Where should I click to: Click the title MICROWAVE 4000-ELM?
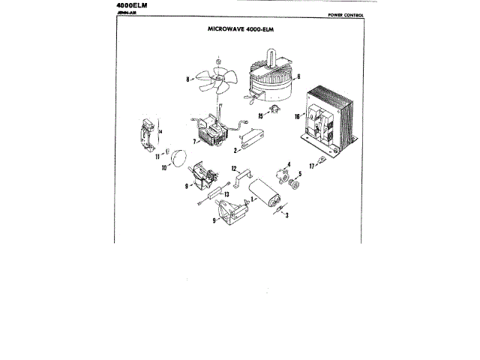[239, 30]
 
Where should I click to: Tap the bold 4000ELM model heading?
[133, 4]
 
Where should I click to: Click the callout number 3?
[288, 214]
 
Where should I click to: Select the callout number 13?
[225, 193]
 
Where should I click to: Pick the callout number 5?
[301, 175]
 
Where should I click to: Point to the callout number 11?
[158, 156]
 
